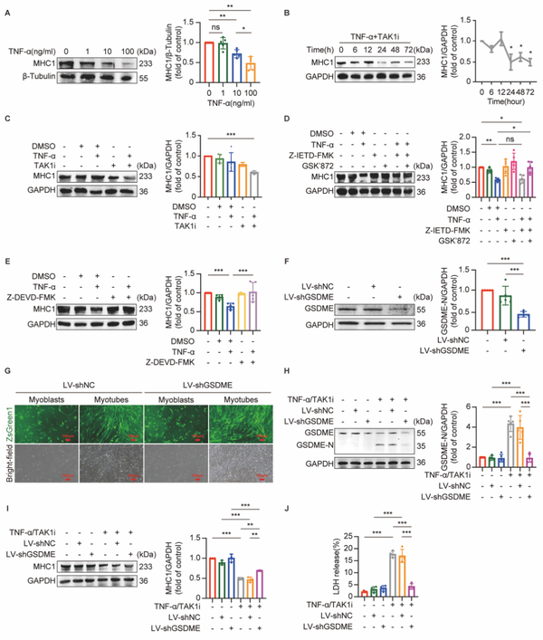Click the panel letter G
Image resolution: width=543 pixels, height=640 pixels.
tap(7, 344)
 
